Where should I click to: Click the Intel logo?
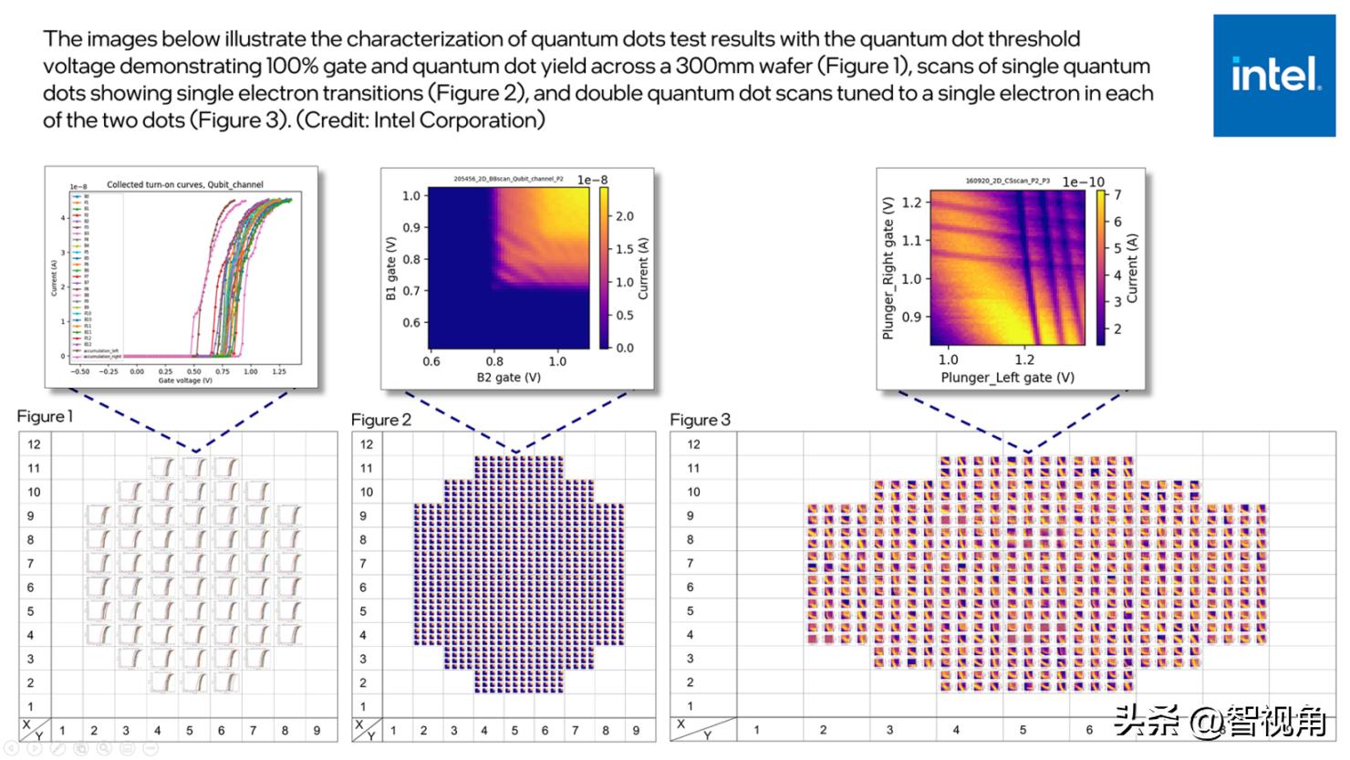(1274, 75)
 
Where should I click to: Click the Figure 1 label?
(45, 416)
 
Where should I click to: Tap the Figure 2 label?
(381, 420)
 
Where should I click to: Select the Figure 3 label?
(700, 420)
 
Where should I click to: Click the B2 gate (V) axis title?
(508, 377)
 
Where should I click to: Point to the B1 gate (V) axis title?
(390, 269)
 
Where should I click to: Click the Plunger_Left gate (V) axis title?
(1007, 377)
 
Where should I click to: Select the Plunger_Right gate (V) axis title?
(888, 268)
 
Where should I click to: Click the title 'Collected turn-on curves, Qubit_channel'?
(184, 184)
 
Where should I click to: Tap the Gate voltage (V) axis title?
(185, 380)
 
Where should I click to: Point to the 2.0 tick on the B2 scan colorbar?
(624, 216)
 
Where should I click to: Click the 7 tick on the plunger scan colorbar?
(1117, 194)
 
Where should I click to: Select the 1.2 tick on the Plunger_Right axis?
(910, 202)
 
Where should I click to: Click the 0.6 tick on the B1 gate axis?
(411, 322)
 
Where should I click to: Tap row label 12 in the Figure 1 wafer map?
(34, 444)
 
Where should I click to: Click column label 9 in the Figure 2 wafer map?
(636, 730)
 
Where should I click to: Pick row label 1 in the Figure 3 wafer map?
(690, 705)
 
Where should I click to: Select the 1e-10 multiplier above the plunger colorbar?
(1083, 182)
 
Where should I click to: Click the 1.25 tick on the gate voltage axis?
(279, 371)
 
